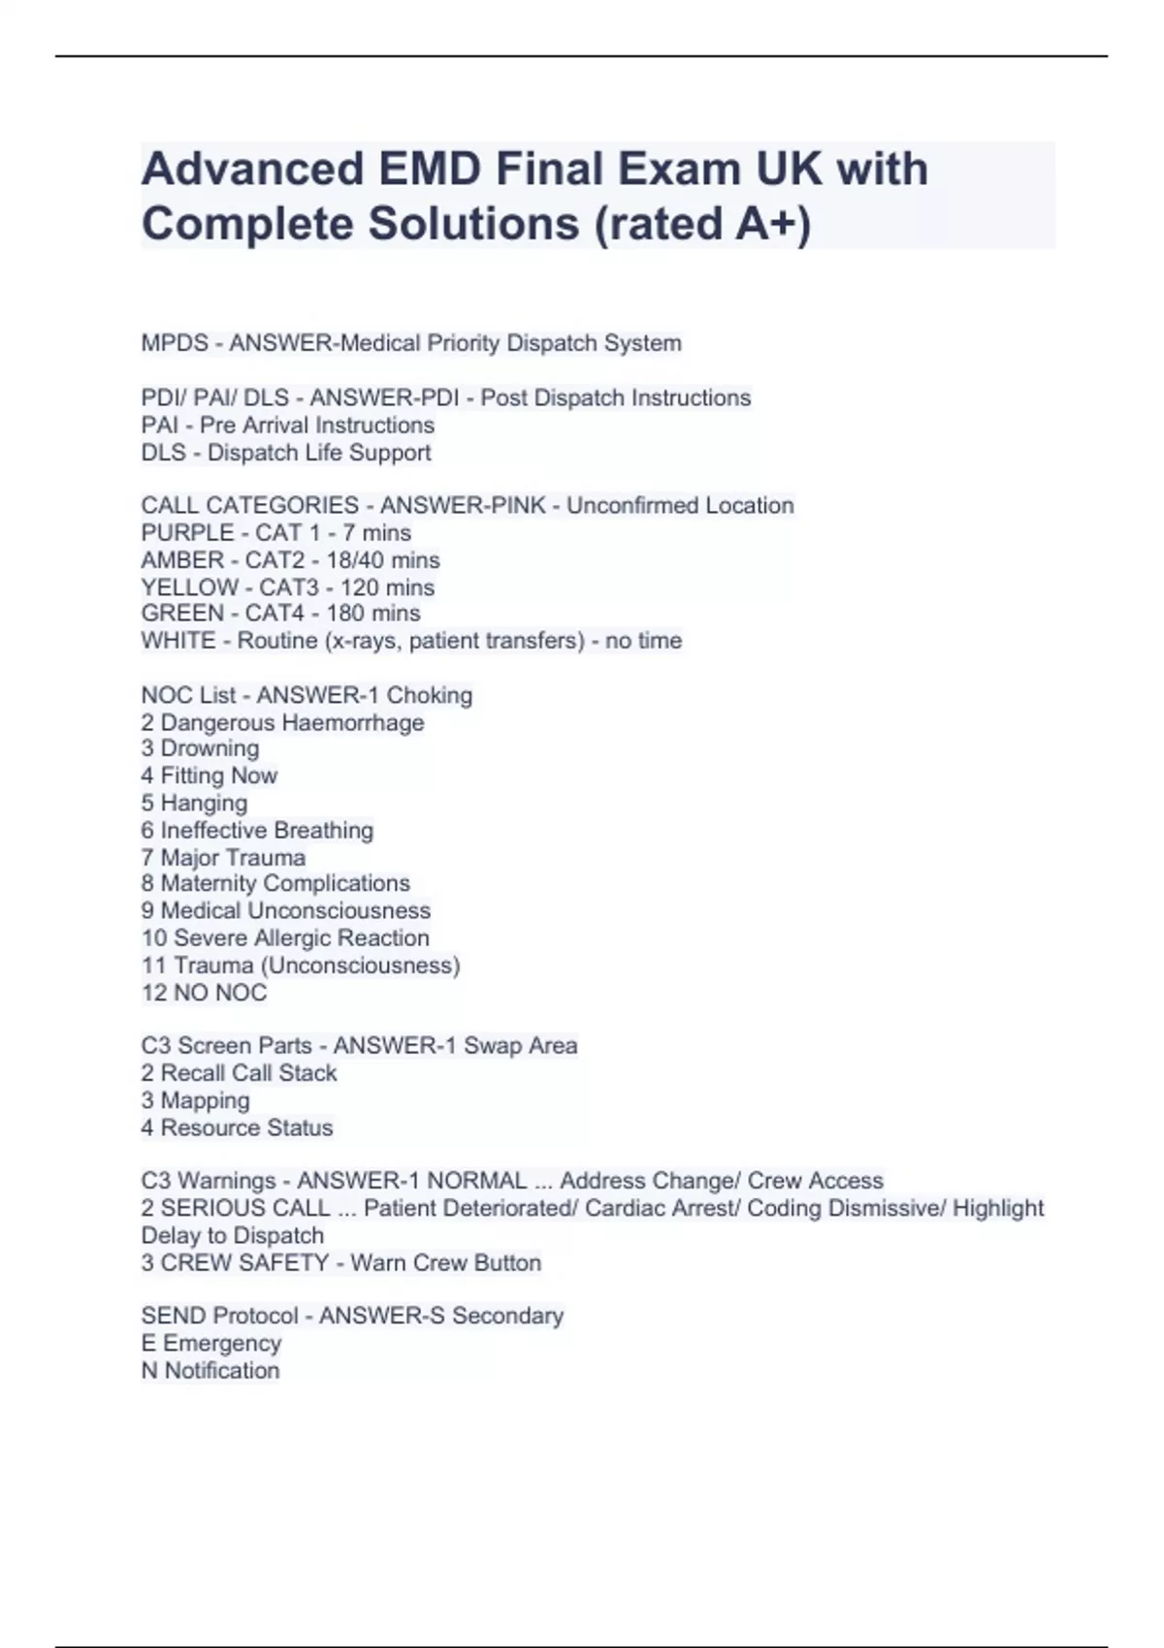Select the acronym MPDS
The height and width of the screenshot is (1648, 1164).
[x=175, y=343]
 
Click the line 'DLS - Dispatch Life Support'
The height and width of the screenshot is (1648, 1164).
[x=286, y=453]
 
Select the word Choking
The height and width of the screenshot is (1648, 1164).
[x=430, y=696]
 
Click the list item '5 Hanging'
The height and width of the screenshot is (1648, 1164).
[x=194, y=804]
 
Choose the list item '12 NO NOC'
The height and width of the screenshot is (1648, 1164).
[x=204, y=993]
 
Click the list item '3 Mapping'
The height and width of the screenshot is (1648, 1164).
[x=195, y=1101]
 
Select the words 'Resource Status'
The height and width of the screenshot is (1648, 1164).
[x=246, y=1128]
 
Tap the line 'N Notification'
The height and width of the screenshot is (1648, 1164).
[x=210, y=1371]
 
